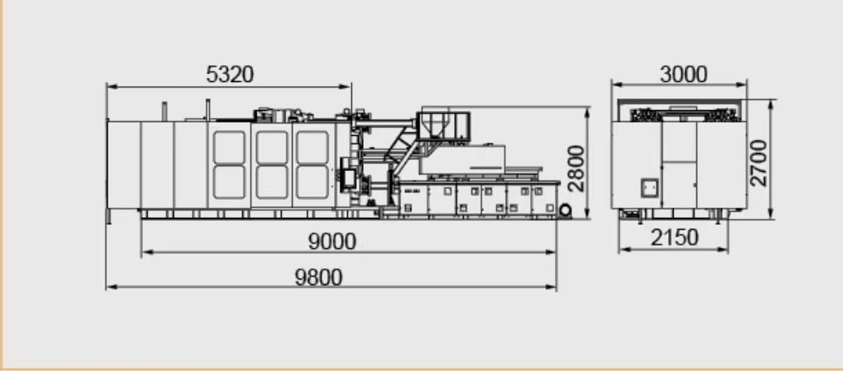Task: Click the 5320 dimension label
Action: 229,74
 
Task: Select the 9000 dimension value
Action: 333,242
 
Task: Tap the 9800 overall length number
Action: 318,277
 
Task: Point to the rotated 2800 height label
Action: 576,168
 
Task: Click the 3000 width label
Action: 683,75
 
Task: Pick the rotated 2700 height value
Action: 758,163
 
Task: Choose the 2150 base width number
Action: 674,237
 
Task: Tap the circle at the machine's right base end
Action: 564,210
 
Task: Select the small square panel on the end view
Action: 650,187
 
